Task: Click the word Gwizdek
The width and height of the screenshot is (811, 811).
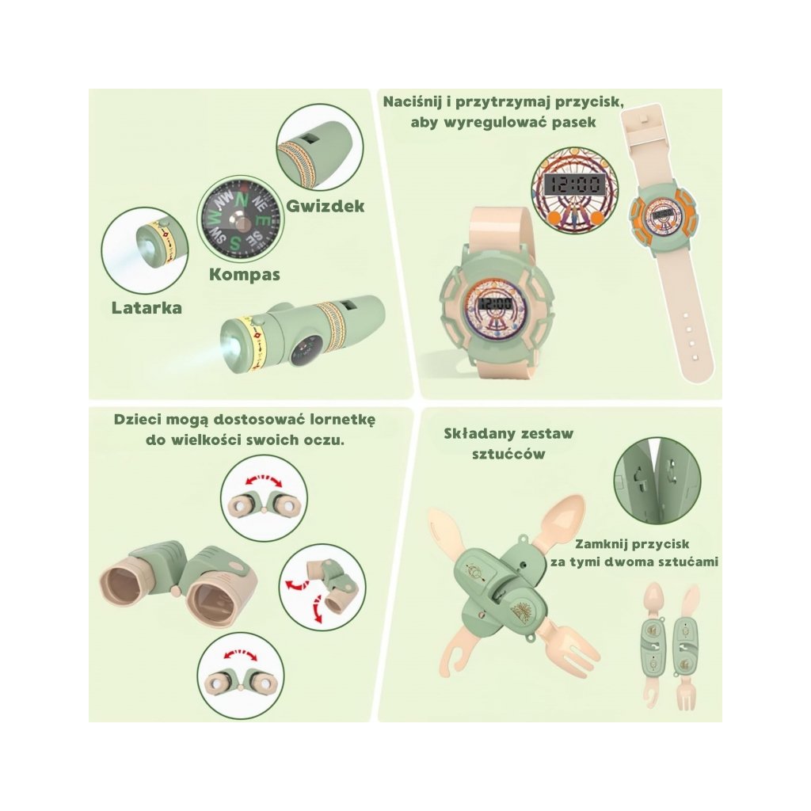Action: [325, 206]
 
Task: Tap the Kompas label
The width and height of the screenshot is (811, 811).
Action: [245, 275]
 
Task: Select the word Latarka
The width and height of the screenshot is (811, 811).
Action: [146, 307]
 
